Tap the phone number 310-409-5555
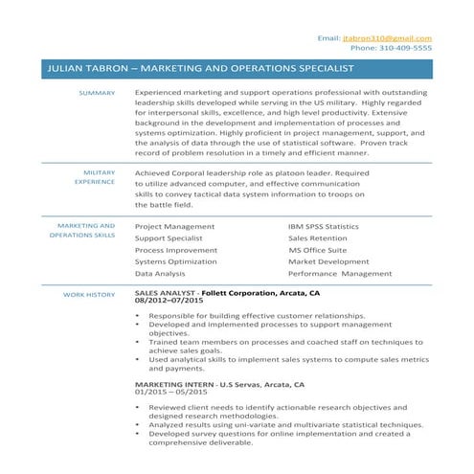pos(391,48)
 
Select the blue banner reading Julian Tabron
pos(237,69)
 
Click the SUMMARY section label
pos(97,93)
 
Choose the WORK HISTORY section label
pos(89,295)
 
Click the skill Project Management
pos(174,226)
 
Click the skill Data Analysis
pos(160,273)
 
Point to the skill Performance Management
pos(340,273)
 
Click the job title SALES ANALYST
pos(166,292)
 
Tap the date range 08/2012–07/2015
pos(169,301)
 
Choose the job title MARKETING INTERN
pos(174,384)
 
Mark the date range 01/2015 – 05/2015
pos(170,393)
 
